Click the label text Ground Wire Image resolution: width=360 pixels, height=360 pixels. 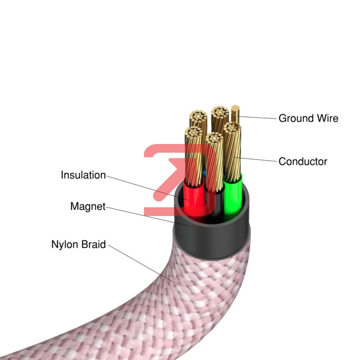coord(308,118)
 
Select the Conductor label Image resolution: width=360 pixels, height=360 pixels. coord(303,162)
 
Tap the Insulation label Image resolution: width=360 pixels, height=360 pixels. coord(83,175)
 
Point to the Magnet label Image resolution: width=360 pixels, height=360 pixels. coord(88,206)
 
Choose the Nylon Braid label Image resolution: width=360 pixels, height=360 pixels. coord(78,244)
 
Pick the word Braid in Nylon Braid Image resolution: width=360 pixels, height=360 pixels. coord(94,244)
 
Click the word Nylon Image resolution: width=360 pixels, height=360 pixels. coord(65,244)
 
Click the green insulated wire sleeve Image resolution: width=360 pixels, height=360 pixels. coord(233,198)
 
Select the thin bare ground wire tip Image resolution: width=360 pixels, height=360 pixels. coord(235,108)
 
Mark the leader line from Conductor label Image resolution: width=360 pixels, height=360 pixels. coord(256,159)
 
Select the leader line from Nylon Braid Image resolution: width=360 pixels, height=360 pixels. coord(141,263)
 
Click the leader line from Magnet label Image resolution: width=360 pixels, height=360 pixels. coord(148,216)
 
